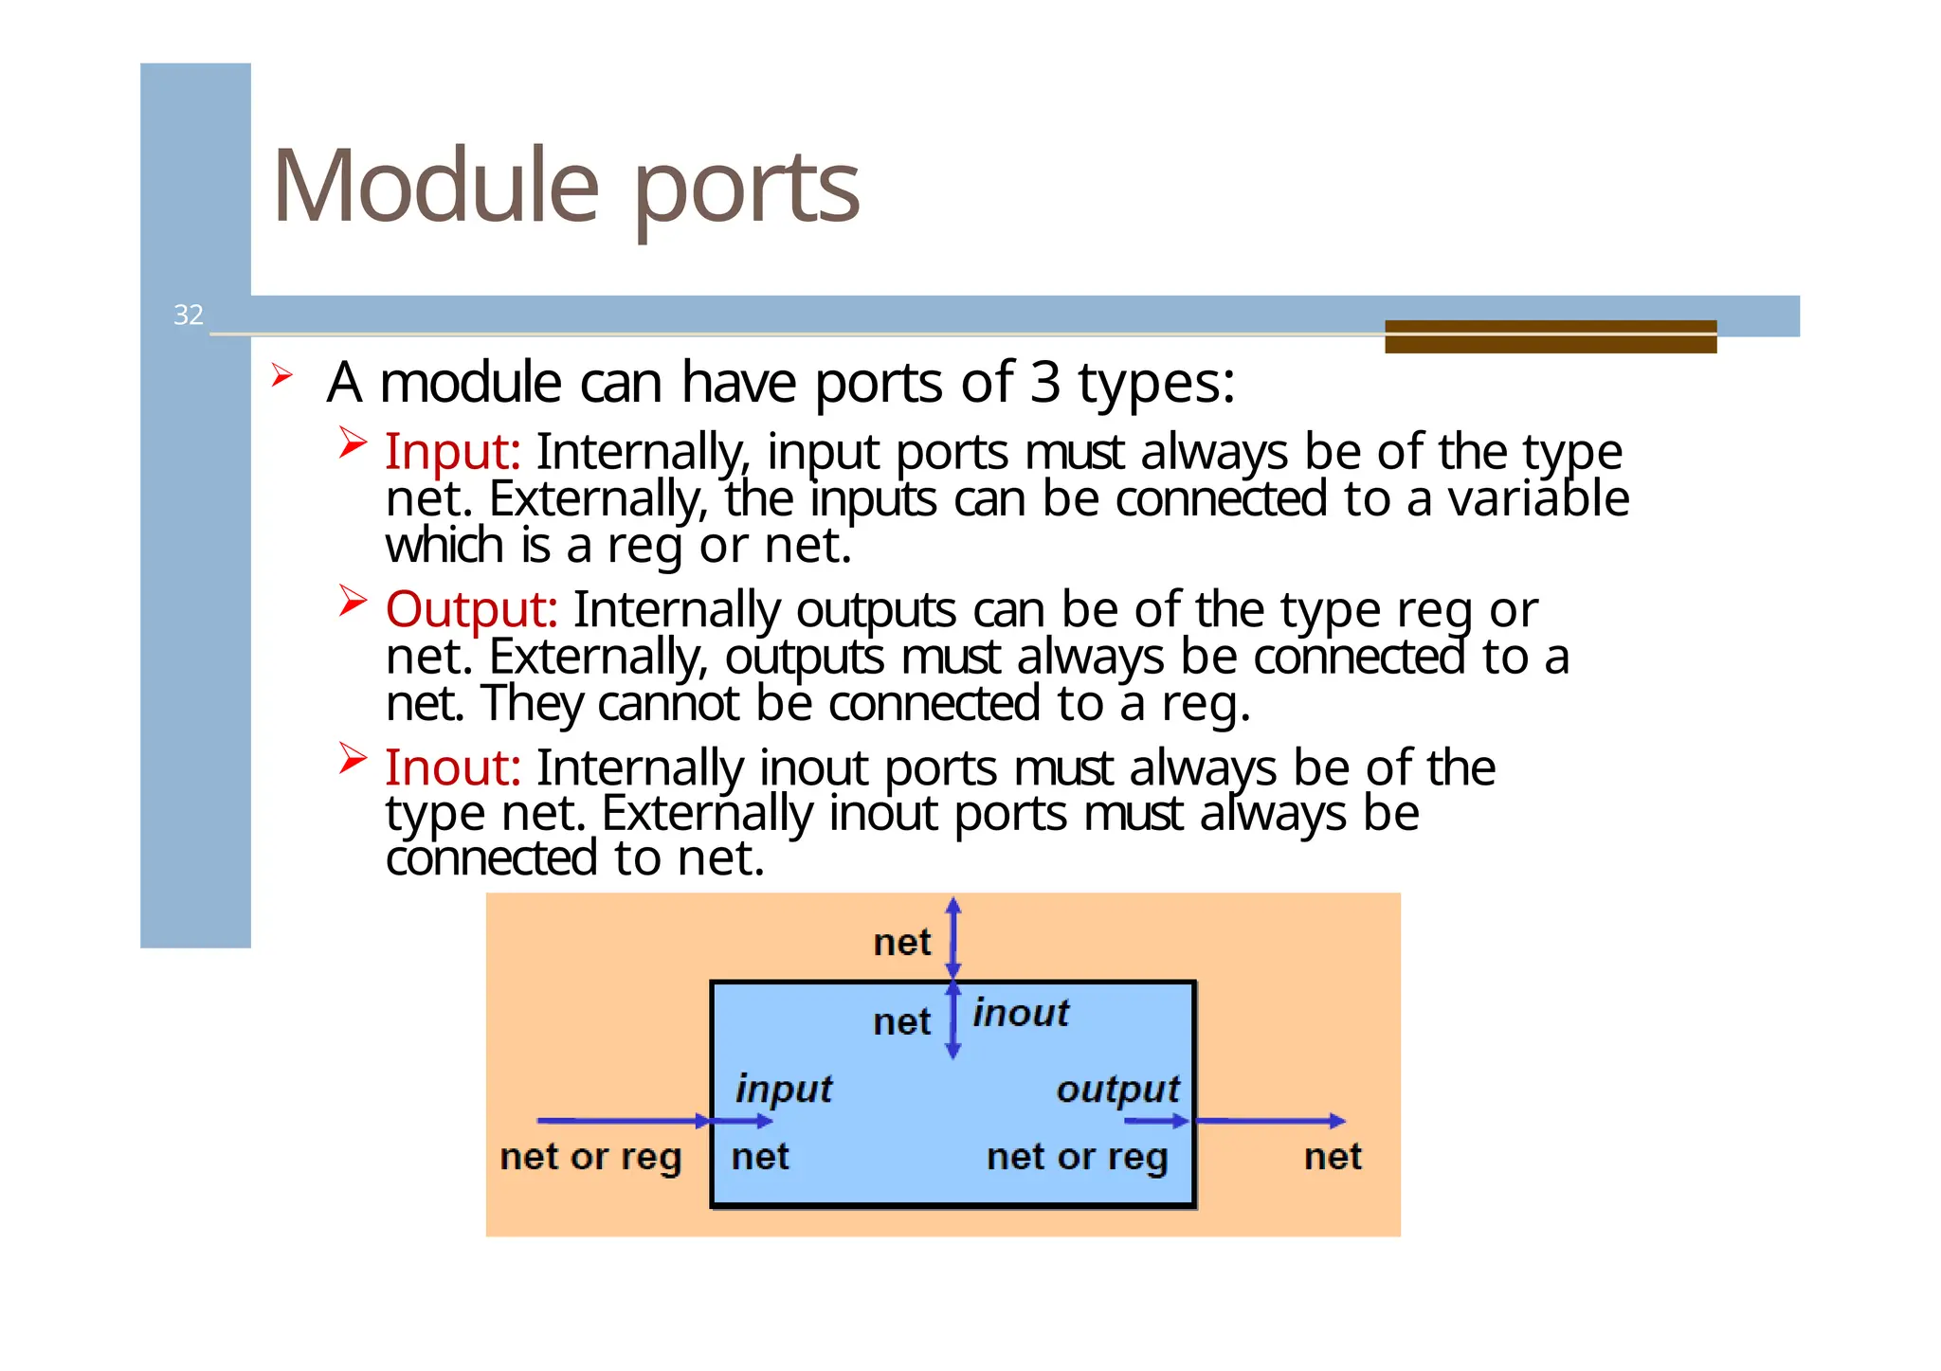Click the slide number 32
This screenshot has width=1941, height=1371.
pyautogui.click(x=189, y=315)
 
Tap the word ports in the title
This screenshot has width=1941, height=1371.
pyautogui.click(x=746, y=189)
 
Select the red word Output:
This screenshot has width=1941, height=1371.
pyautogui.click(x=471, y=609)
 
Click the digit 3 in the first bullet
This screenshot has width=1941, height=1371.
pyautogui.click(x=1044, y=382)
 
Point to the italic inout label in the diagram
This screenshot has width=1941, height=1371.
pyautogui.click(x=1021, y=1013)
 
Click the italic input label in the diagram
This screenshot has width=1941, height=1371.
pyautogui.click(x=784, y=1089)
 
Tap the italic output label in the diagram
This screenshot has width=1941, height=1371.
pyautogui.click(x=1118, y=1089)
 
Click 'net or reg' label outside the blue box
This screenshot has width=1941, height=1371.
pyautogui.click(x=591, y=1157)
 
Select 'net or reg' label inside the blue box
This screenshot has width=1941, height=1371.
pyautogui.click(x=1078, y=1157)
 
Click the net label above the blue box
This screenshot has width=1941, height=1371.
pyautogui.click(x=902, y=943)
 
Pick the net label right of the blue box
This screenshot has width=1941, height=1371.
pyautogui.click(x=1333, y=1157)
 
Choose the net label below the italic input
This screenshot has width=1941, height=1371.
pyautogui.click(x=760, y=1157)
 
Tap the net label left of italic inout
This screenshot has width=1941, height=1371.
pyautogui.click(x=902, y=1022)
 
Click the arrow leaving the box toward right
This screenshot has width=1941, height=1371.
pyautogui.click(x=1270, y=1122)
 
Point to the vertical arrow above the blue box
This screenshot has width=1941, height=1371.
pyautogui.click(x=953, y=938)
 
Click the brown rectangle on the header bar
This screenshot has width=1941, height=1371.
pyautogui.click(x=1551, y=336)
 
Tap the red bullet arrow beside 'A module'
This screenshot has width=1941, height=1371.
pyautogui.click(x=281, y=375)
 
